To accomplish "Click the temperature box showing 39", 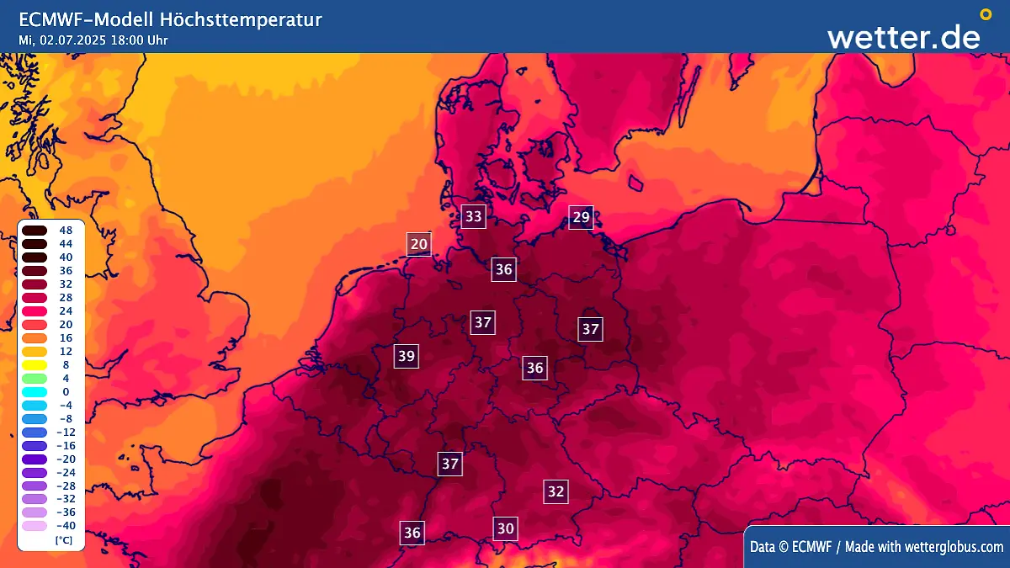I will (x=407, y=356).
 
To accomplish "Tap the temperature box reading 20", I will (x=419, y=245).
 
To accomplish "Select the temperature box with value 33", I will (x=474, y=216).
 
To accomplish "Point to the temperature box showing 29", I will (x=581, y=217).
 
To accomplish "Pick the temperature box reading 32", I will (x=555, y=491).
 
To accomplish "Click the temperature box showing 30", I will (x=505, y=528).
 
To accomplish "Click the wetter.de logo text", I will (x=903, y=36).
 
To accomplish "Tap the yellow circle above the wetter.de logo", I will (x=986, y=14).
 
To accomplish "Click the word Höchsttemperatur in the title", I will (x=252, y=19).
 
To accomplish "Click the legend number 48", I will (x=66, y=230).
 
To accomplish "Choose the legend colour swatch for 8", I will (x=35, y=364).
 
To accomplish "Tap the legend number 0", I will (x=66, y=391).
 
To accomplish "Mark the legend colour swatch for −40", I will (x=35, y=526).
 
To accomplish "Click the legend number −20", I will (x=66, y=459).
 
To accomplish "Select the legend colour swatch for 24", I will (x=35, y=311).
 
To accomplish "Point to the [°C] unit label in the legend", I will (x=63, y=539).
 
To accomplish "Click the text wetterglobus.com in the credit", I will (x=954, y=547).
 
